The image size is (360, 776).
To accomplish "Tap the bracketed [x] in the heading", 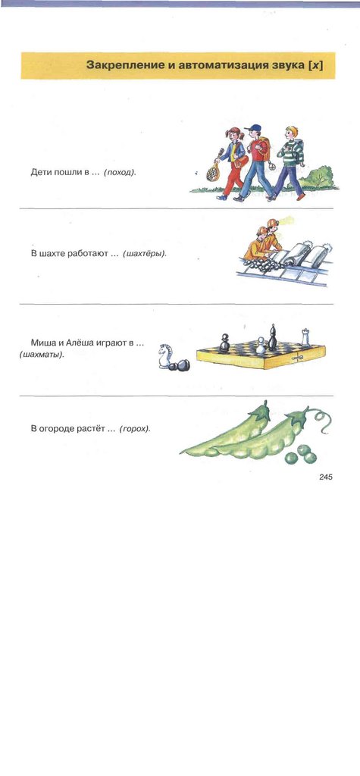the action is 315,65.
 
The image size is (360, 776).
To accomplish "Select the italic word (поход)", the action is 120,174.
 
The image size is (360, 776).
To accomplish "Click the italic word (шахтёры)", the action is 145,254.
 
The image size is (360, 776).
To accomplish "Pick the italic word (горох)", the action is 135,429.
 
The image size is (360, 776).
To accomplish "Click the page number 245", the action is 325,477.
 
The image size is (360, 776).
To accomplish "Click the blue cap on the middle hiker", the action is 255,128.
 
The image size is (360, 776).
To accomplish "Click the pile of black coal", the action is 265,266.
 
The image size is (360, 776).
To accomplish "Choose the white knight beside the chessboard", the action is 164,356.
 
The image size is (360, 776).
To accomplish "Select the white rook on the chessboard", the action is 305,337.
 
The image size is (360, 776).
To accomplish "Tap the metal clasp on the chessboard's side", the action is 297,358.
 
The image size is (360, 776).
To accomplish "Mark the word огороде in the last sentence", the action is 57,429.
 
